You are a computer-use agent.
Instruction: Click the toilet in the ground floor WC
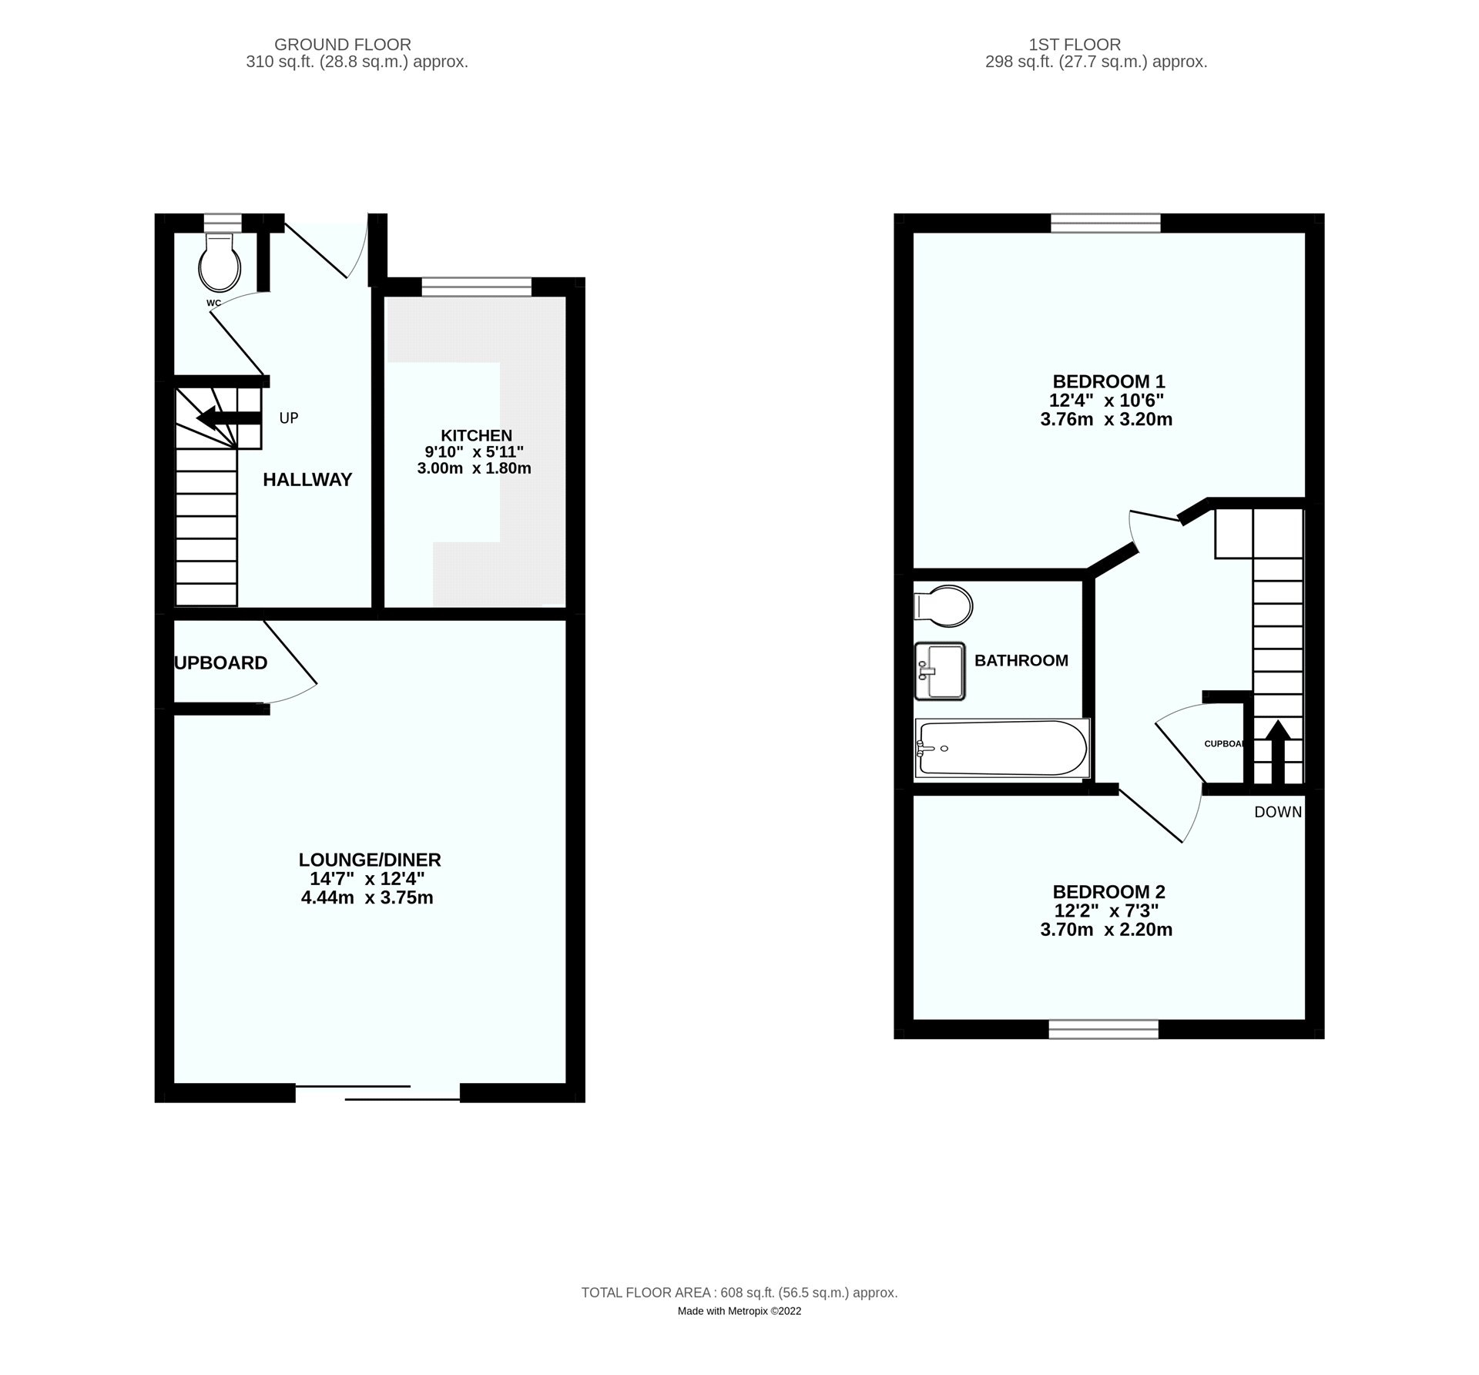(x=220, y=262)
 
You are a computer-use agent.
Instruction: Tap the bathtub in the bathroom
(x=1001, y=748)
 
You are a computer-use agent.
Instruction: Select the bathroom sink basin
(x=940, y=671)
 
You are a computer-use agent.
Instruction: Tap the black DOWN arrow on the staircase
(x=1276, y=751)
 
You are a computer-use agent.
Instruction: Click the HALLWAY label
(x=307, y=480)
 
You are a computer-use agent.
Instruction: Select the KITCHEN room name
(x=476, y=435)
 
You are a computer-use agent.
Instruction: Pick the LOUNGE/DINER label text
(x=370, y=860)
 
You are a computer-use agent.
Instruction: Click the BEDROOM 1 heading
(x=1108, y=381)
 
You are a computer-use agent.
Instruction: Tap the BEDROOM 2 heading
(x=1108, y=892)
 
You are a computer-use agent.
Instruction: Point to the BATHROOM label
(x=1021, y=660)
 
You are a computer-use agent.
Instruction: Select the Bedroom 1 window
(x=1106, y=223)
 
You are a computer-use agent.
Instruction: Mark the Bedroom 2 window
(x=1104, y=1029)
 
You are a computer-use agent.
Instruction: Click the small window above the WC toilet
(x=218, y=223)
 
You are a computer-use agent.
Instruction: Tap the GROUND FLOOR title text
(x=343, y=45)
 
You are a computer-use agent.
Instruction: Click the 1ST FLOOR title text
(x=1096, y=45)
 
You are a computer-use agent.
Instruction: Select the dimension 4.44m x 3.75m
(x=367, y=897)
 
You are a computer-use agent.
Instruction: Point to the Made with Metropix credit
(x=739, y=1311)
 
